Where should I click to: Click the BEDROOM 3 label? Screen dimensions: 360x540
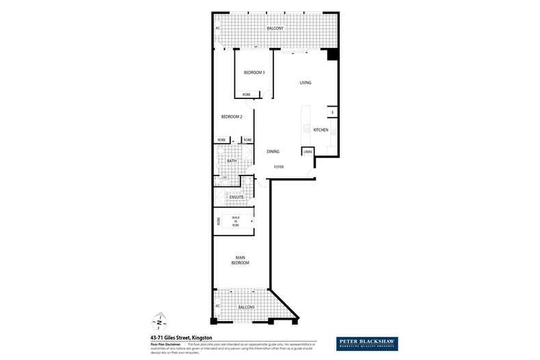coord(254,72)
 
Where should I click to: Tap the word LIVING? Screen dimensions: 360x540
coord(306,83)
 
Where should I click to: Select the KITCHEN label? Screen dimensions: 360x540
coord(321,130)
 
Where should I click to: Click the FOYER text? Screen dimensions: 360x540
coord(279,167)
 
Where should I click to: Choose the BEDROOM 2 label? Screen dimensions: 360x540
coord(232,117)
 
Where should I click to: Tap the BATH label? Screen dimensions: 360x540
coord(222,161)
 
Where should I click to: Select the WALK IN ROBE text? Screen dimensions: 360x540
coord(235,221)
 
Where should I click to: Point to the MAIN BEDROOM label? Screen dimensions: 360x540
coord(239,260)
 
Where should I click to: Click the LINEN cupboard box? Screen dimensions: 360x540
coord(308,152)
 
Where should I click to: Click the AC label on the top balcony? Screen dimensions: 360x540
coord(218,28)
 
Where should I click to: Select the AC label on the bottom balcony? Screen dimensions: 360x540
coord(218,306)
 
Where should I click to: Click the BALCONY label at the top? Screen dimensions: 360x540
coord(275,28)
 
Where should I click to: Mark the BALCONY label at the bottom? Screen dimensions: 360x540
coord(246,308)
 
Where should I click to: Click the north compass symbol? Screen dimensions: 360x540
coord(158,320)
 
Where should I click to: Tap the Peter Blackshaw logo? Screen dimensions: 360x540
coord(368,343)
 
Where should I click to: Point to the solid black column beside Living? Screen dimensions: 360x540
coord(332,54)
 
